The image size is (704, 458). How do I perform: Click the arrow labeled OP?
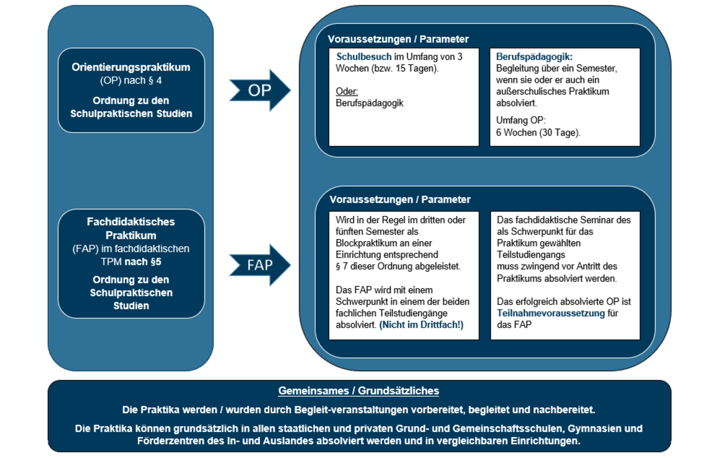pyautogui.click(x=260, y=90)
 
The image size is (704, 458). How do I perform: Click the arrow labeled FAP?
pyautogui.click(x=260, y=265)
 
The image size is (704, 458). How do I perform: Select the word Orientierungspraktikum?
pyautogui.click(x=131, y=67)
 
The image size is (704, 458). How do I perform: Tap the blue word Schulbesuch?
pyautogui.click(x=364, y=57)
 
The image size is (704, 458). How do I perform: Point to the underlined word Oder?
pyautogui.click(x=347, y=92)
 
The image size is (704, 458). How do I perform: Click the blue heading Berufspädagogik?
pyautogui.click(x=534, y=57)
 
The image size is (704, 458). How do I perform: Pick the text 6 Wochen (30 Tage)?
pyautogui.click(x=538, y=133)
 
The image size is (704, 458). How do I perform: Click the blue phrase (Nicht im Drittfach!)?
pyautogui.click(x=421, y=325)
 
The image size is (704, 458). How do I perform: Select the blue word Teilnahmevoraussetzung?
pyautogui.click(x=550, y=313)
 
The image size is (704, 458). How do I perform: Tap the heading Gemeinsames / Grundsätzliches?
pyautogui.click(x=358, y=391)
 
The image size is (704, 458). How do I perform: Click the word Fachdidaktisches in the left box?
pyautogui.click(x=131, y=222)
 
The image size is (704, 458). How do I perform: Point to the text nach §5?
pyautogui.click(x=143, y=262)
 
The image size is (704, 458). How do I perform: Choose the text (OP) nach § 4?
pyautogui.click(x=131, y=80)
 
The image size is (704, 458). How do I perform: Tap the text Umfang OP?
pyautogui.click(x=521, y=120)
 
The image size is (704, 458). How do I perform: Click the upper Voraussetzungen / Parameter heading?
pyautogui.click(x=398, y=39)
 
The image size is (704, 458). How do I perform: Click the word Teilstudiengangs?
pyautogui.click(x=531, y=255)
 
